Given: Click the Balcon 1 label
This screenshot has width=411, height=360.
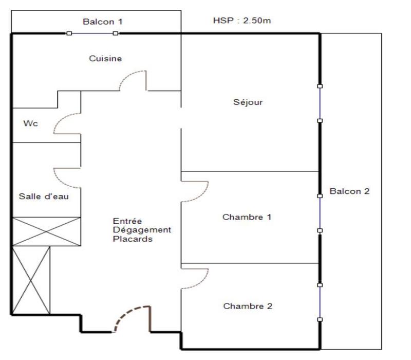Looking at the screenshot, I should (x=103, y=22).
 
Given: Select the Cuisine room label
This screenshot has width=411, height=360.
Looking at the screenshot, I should (x=105, y=59).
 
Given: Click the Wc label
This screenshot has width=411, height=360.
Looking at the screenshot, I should (x=29, y=124).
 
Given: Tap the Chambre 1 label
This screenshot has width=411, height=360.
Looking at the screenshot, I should (x=247, y=217).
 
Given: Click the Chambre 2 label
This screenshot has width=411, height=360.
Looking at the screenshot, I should (x=247, y=306).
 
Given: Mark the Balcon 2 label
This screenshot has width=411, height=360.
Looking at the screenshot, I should (x=349, y=191).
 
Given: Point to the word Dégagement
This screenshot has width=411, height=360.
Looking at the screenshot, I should (x=142, y=230).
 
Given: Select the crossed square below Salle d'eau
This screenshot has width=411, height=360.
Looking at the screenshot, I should (x=46, y=231).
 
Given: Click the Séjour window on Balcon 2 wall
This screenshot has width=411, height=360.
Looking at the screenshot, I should (x=320, y=103).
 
